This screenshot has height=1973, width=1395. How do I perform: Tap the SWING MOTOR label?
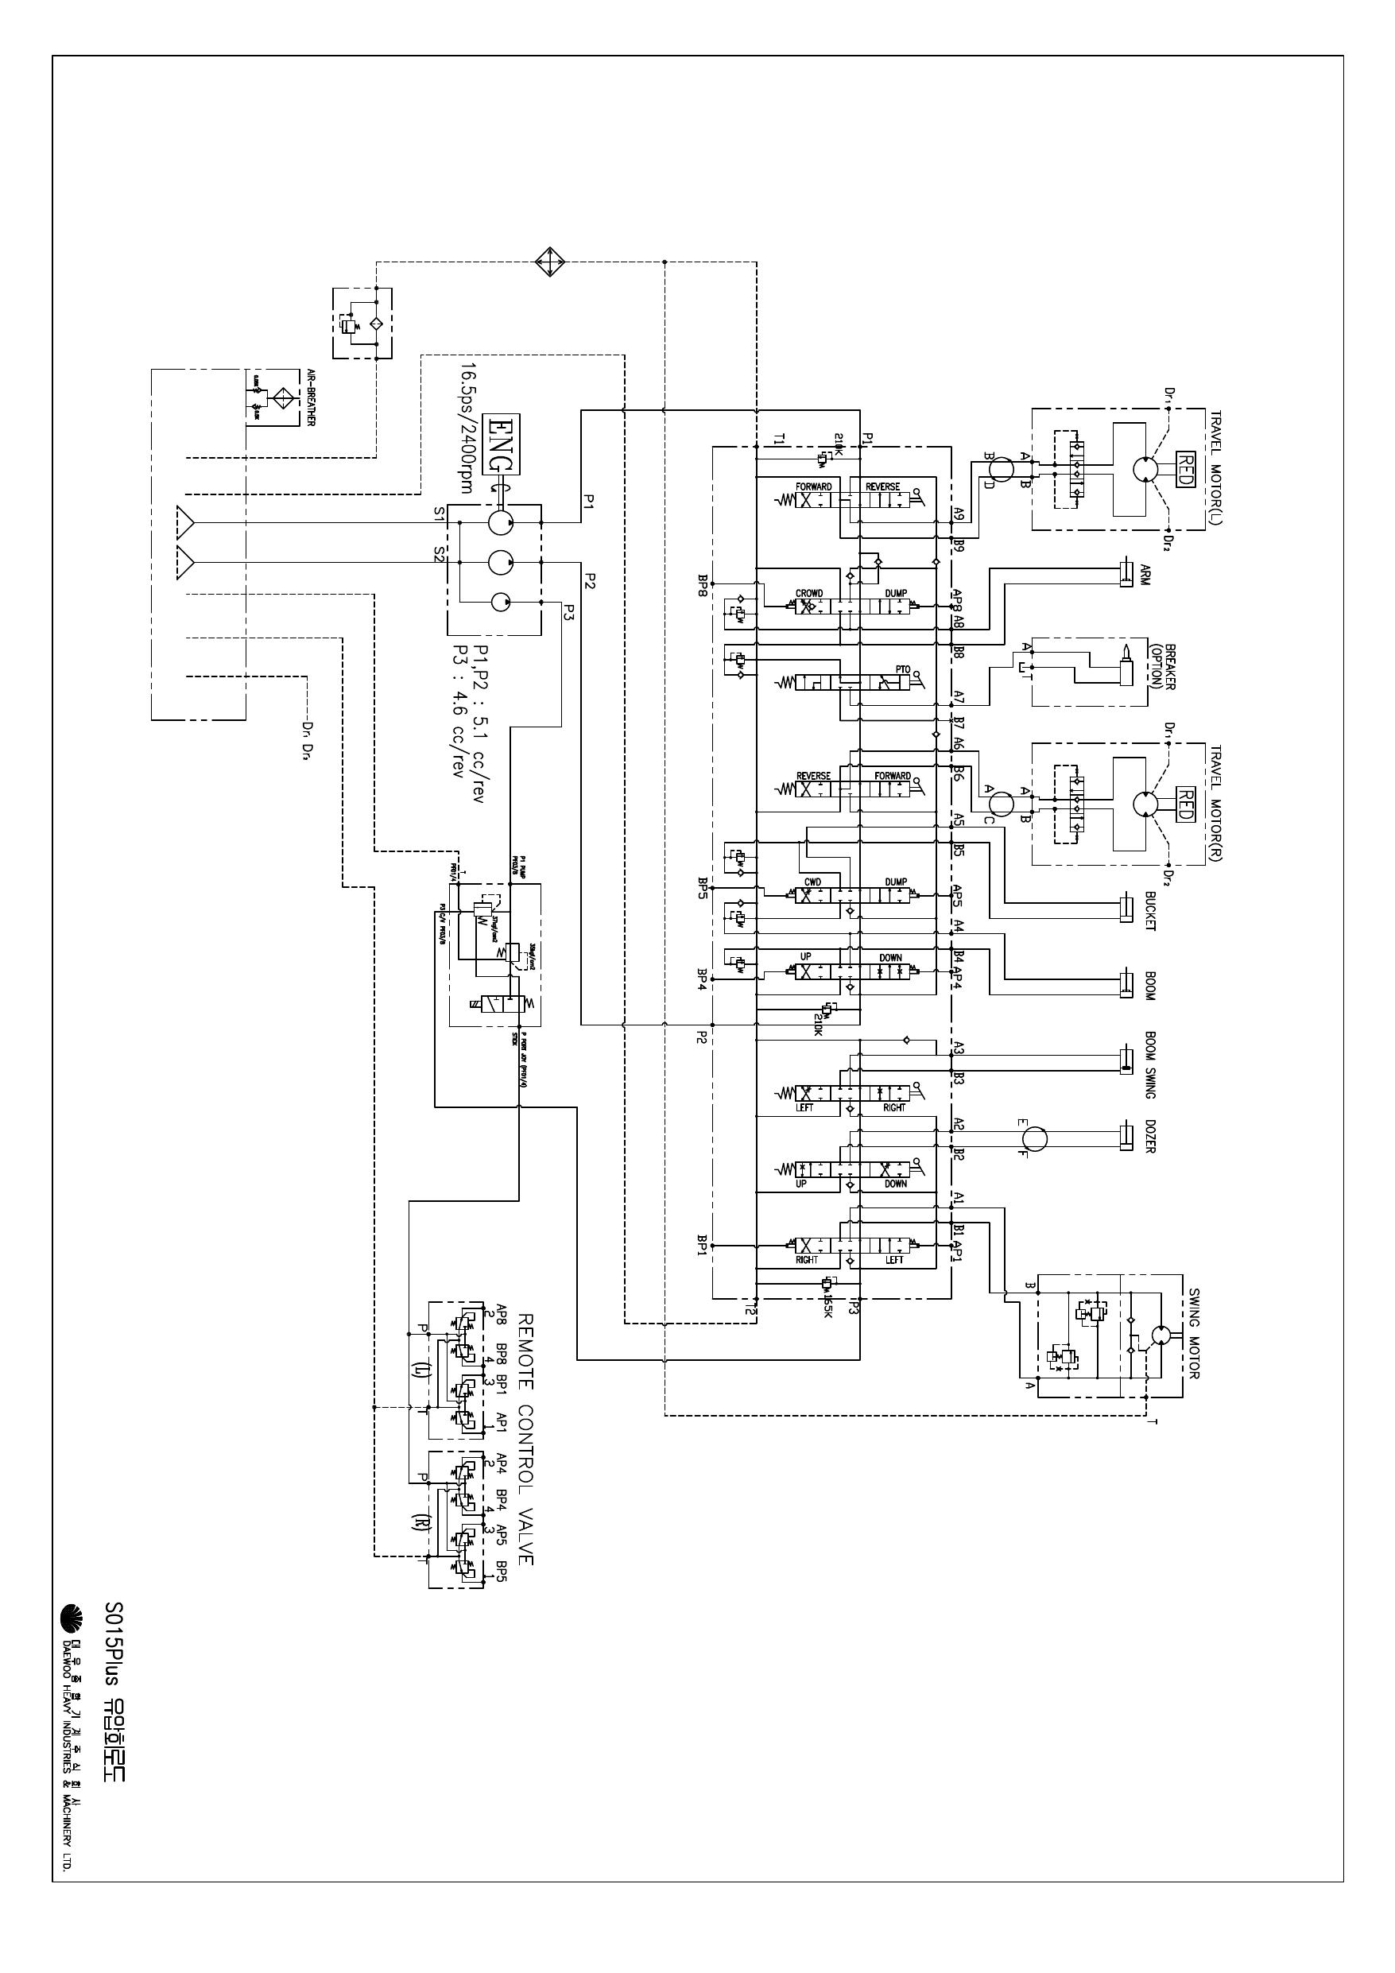(x=1194, y=1335)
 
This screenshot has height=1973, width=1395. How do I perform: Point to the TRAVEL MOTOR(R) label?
(x=1217, y=803)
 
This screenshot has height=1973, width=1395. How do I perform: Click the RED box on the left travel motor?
(x=1184, y=469)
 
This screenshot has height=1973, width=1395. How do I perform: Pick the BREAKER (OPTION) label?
(x=1162, y=667)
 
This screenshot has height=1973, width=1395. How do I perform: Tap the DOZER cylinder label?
(x=1150, y=1136)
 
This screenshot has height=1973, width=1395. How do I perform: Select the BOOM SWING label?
(x=1150, y=1064)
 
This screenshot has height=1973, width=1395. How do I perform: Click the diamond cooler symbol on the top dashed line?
(x=549, y=262)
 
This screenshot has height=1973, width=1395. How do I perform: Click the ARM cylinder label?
(x=1145, y=574)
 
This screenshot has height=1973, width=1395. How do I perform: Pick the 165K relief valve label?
(x=827, y=1307)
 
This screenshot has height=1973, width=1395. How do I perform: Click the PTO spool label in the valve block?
(x=901, y=669)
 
